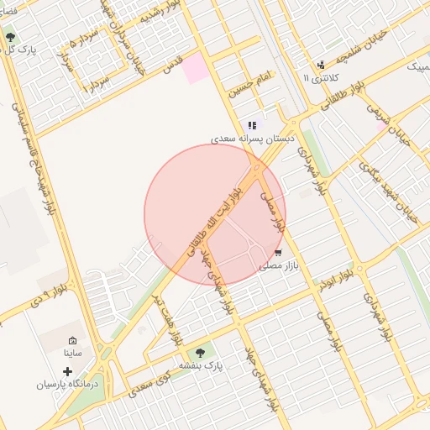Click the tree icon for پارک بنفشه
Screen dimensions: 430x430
200,353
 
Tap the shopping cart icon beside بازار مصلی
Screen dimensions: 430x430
278,252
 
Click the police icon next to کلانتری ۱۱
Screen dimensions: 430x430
320,65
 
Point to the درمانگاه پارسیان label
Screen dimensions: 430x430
67,384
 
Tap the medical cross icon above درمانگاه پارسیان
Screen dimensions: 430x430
67,370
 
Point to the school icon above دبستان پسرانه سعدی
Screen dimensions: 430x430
252,125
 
